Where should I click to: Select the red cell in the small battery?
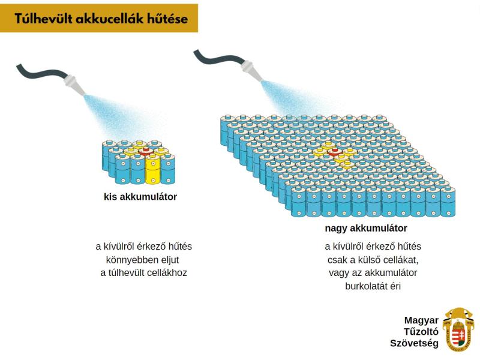click(x=145, y=152)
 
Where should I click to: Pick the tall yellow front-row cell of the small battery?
click(x=152, y=170)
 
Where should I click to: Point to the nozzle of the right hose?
click(x=250, y=70)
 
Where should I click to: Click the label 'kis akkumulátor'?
click(x=140, y=197)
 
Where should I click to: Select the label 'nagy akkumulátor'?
click(x=365, y=229)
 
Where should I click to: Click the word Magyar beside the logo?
click(x=421, y=320)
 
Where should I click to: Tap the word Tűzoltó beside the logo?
click(x=422, y=331)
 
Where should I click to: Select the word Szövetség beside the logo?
click(x=414, y=343)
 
